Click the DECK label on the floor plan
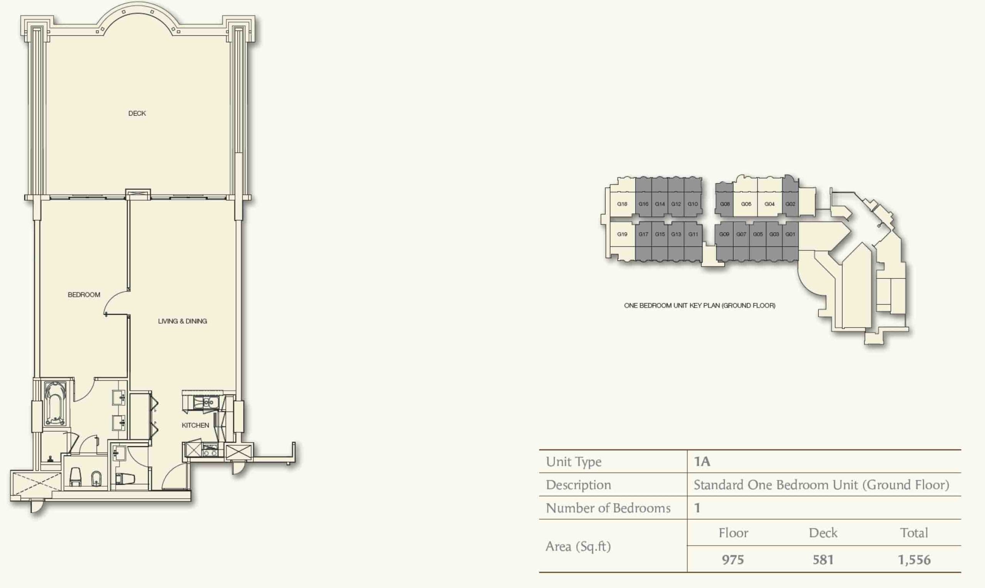pos(137,113)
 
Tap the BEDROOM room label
pos(84,295)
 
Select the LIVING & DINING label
pos(182,321)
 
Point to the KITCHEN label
pos(195,425)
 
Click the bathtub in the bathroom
pos(55,403)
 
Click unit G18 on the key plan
pos(622,204)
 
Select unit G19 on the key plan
pos(622,234)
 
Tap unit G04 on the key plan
pos(770,204)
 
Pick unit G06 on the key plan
pos(746,204)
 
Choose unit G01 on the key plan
pos(790,234)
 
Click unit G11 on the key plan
pos(693,234)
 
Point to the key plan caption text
pos(700,305)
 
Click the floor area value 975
pos(733,560)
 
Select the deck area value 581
pos(823,560)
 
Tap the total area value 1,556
pos(914,560)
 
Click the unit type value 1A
pos(702,461)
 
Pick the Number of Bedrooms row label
pos(608,508)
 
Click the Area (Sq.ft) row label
pos(578,546)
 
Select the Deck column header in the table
pos(823,533)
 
